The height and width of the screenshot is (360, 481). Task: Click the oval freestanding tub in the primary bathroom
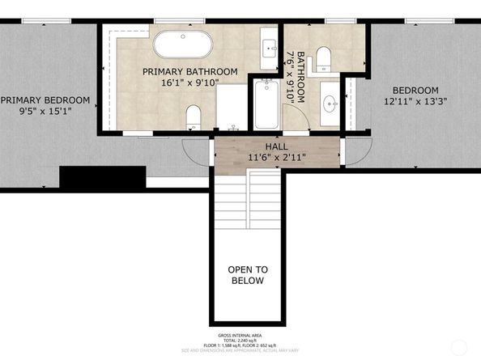click(183, 44)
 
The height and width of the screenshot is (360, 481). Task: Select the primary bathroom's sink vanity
click(269, 49)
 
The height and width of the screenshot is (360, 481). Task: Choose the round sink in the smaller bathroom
click(330, 104)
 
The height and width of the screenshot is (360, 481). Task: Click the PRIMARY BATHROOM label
click(190, 71)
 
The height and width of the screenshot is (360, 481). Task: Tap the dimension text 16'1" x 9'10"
click(190, 83)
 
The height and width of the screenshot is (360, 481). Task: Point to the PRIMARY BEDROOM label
click(45, 100)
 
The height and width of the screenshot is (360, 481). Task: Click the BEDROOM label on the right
click(415, 90)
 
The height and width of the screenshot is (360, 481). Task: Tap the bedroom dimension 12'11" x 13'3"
click(415, 102)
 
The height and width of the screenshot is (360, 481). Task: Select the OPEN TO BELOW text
click(248, 275)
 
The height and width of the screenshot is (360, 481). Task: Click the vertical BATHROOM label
click(301, 78)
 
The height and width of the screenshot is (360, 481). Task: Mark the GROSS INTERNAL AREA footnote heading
click(240, 334)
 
